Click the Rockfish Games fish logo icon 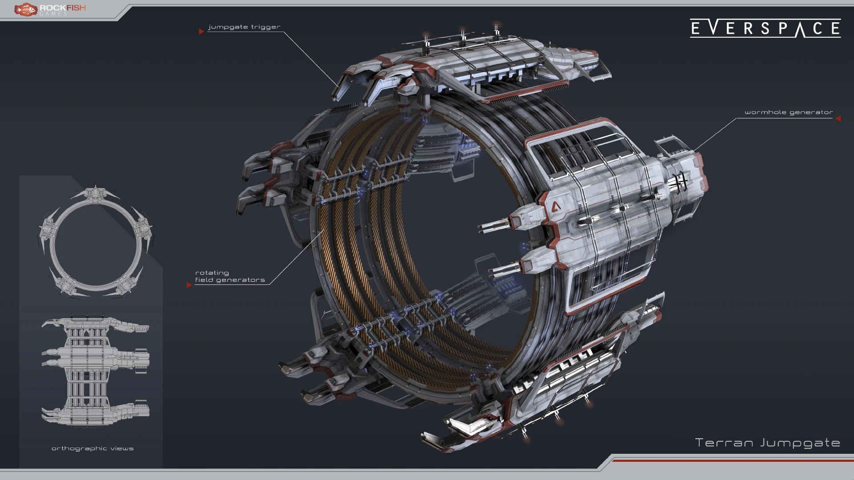[25, 9]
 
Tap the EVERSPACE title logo [765, 28]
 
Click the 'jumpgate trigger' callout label [244, 27]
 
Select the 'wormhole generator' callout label [789, 112]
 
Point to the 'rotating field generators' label [230, 276]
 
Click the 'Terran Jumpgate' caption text [768, 443]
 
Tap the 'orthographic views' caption [93, 448]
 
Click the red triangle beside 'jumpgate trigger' [201, 32]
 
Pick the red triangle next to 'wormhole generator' [838, 119]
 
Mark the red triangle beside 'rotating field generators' [189, 285]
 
